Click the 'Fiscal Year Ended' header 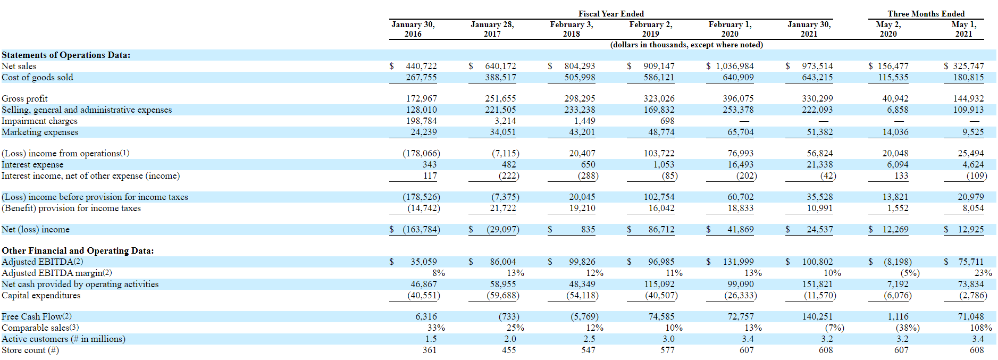point(611,14)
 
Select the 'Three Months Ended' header point(926,14)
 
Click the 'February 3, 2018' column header point(572,29)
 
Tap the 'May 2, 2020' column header point(888,29)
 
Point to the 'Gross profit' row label point(24,99)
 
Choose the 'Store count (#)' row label point(30,350)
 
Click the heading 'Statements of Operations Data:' point(66,55)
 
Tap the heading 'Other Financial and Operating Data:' point(78,251)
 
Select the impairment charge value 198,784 point(422,121)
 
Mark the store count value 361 point(430,350)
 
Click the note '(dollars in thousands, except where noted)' point(686,45)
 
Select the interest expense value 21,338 point(820,165)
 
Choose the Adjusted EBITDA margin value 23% point(983,273)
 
